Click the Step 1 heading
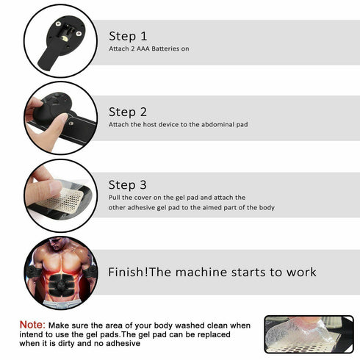tap(128, 36)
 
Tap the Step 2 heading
tap(128, 112)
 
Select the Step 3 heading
tap(128, 185)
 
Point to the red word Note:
tap(32, 324)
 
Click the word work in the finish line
tap(300, 273)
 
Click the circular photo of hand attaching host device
tap(60, 118)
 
